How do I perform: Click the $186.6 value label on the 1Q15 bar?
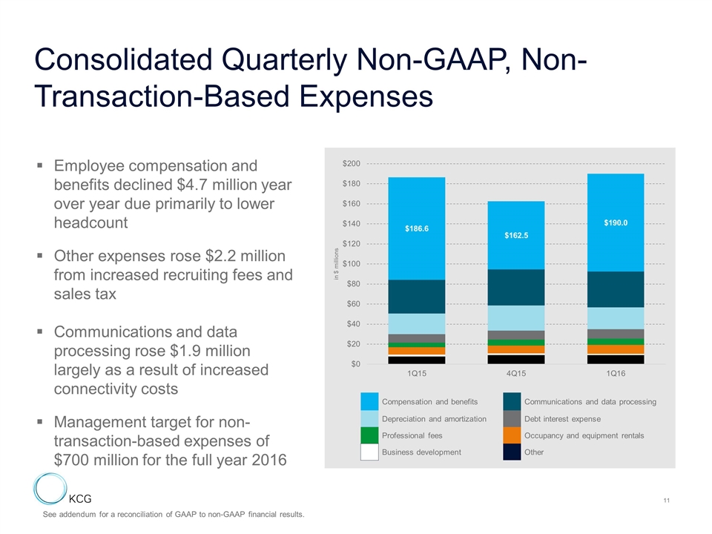[416, 229]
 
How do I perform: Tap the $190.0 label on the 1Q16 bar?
[616, 222]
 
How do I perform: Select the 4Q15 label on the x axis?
[515, 373]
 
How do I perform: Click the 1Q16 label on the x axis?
[616, 373]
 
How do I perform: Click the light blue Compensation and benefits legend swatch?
[369, 401]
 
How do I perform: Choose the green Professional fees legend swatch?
[369, 435]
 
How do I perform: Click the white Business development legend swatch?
[369, 452]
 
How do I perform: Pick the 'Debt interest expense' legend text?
[562, 419]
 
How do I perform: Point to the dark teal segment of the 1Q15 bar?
[416, 297]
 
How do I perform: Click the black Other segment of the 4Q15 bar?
[515, 360]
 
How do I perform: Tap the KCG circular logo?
[50, 492]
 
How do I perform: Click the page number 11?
[667, 504]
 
